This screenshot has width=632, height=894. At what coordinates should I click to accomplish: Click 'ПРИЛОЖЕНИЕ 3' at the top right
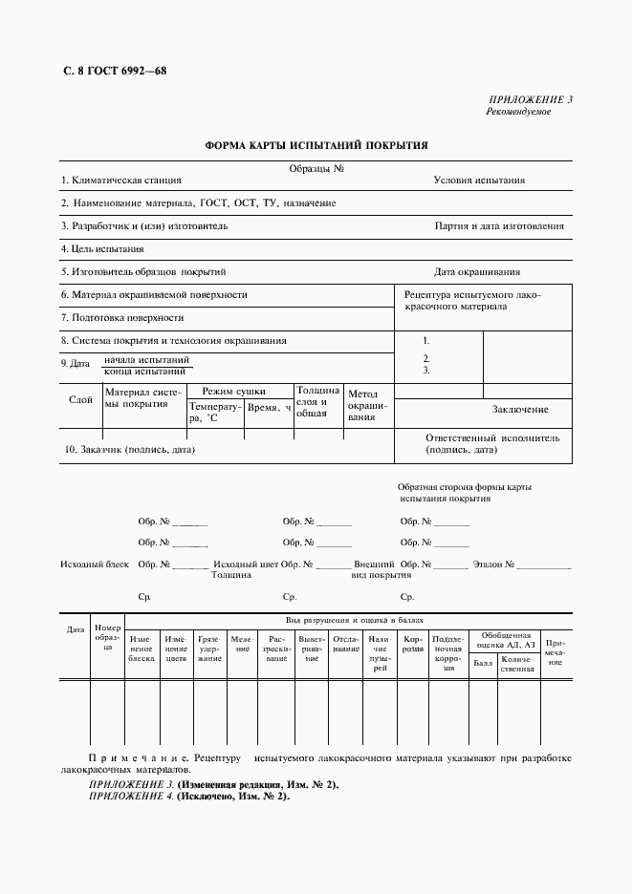[531, 99]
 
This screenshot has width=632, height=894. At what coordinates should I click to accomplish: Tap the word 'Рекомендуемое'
[519, 112]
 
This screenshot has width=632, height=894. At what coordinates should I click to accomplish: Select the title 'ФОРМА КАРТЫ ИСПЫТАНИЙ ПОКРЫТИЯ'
[316, 145]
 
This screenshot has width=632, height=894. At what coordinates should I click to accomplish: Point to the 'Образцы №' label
[316, 168]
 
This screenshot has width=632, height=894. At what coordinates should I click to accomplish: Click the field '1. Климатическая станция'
[120, 180]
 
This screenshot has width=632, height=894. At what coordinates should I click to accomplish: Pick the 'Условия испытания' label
[479, 180]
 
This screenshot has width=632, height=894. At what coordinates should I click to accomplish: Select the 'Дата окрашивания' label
[477, 271]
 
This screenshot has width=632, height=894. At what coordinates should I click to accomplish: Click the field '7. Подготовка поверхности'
[122, 317]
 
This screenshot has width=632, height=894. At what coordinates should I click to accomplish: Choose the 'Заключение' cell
[520, 409]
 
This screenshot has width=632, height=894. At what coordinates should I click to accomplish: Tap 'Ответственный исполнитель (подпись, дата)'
[492, 442]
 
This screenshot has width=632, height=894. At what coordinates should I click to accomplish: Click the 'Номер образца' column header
[108, 636]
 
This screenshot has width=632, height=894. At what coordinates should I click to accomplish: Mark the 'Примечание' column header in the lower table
[556, 652]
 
